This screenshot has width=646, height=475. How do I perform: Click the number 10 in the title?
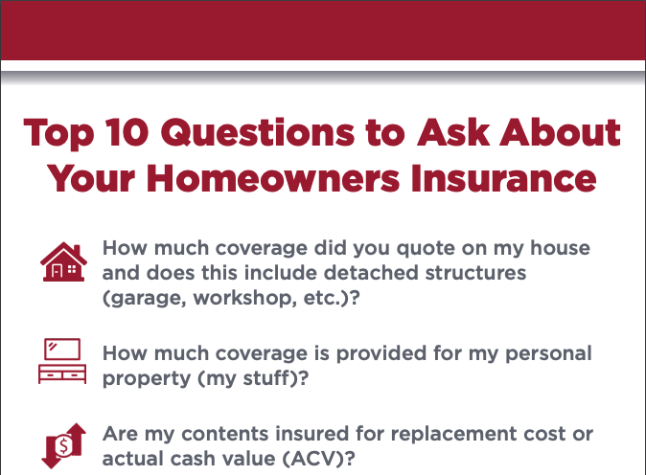click(127, 132)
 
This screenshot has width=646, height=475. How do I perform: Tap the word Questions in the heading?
click(258, 132)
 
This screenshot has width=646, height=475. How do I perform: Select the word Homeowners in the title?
click(273, 178)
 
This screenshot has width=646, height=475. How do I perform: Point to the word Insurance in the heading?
click(503, 178)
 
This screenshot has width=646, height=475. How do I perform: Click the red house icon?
click(63, 261)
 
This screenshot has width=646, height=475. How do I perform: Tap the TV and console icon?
click(62, 361)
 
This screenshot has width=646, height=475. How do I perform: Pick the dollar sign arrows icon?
click(64, 445)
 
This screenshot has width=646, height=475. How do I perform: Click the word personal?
click(548, 354)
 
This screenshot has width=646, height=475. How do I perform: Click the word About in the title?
click(560, 132)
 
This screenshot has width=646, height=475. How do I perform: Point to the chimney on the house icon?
click(77, 249)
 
